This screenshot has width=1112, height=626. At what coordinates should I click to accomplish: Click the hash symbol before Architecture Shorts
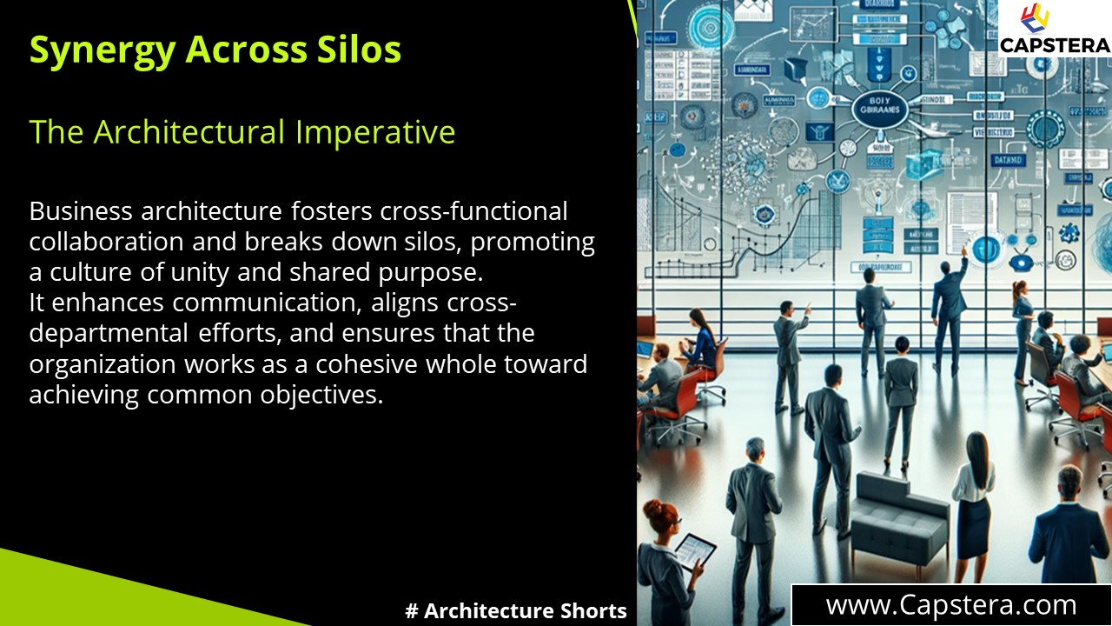[412, 611]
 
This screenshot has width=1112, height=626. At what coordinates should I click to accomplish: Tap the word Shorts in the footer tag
[594, 611]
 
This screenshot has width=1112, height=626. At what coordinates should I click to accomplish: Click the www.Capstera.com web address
[951, 605]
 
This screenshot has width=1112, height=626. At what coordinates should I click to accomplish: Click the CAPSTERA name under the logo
[1054, 45]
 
